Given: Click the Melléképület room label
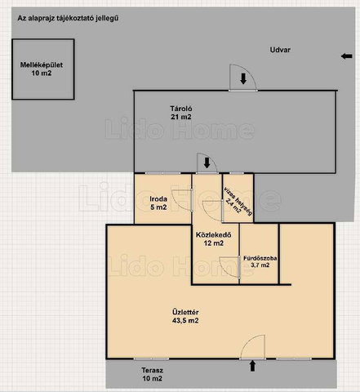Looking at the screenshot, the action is tap(42, 69).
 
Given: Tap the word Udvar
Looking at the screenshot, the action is tap(280, 50).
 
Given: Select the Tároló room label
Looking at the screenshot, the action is tap(181, 113).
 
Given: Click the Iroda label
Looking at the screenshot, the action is tap(158, 203).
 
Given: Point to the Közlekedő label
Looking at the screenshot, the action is tap(214, 238).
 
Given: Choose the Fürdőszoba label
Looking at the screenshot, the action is tap(260, 261).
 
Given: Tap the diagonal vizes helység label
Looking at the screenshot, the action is tap(238, 202).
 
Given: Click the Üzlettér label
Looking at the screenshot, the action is tap(185, 316).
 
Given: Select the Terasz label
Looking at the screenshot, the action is tap(153, 374).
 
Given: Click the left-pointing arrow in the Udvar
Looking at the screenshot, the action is tap(347, 56).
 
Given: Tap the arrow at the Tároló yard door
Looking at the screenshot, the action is tap(243, 78).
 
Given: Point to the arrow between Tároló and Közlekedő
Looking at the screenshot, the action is tap(207, 163).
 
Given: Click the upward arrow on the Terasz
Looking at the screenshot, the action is tap(252, 366).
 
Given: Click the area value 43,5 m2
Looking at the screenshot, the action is tap(185, 320).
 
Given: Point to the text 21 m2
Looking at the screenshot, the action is tap(181, 117).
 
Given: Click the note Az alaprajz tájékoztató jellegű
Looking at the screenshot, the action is tap(68, 19).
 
